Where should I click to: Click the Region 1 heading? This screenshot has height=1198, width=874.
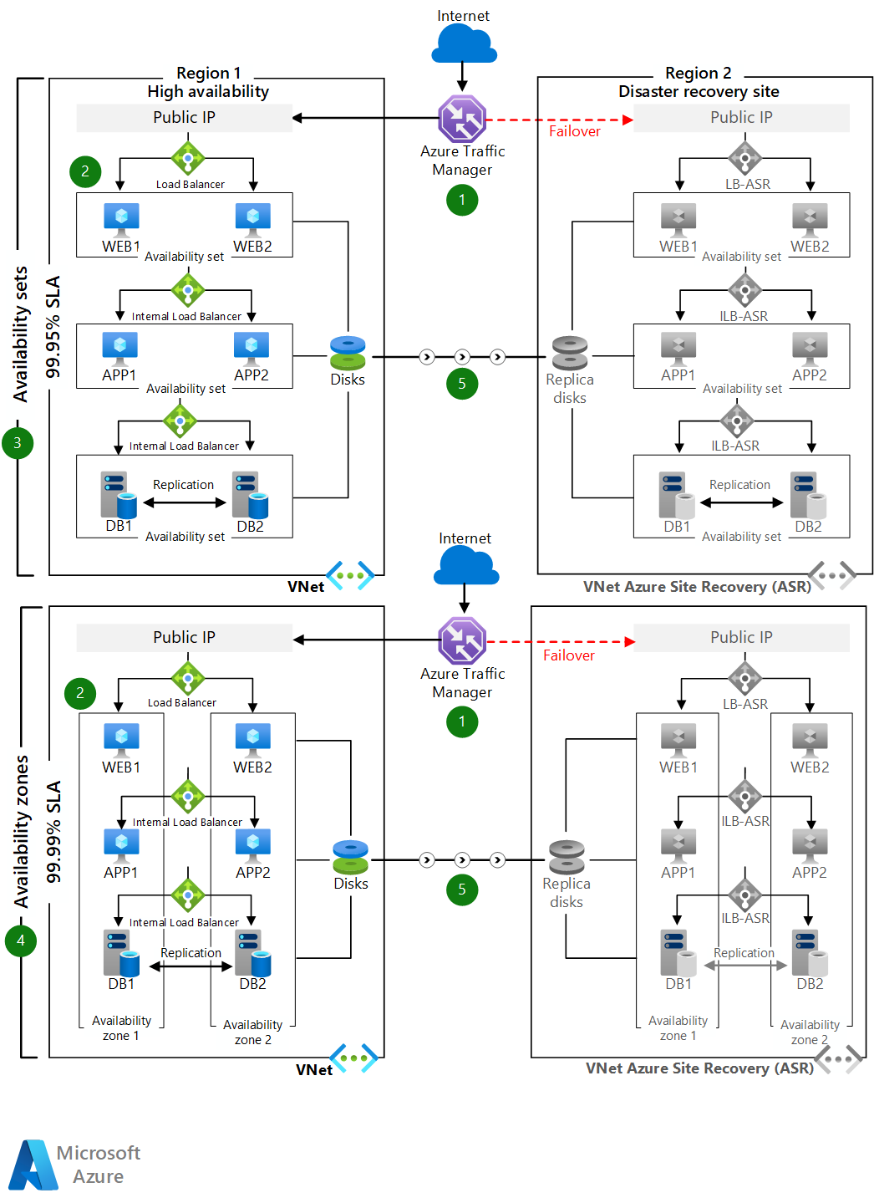(208, 73)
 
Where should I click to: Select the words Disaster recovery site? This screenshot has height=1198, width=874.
(699, 91)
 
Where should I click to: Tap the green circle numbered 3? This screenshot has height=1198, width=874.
(18, 443)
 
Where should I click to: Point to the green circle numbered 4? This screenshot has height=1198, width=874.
(21, 941)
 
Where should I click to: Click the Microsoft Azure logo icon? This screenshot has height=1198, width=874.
(33, 1165)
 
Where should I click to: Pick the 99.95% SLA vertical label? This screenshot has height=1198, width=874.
(53, 327)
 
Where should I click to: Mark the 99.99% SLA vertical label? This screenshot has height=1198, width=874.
(53, 832)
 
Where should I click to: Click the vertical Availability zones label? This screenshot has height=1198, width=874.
(22, 832)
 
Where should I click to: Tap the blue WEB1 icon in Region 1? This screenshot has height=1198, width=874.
(121, 219)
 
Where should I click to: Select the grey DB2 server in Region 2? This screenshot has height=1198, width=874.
(808, 495)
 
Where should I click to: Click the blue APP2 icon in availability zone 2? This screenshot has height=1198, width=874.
(252, 844)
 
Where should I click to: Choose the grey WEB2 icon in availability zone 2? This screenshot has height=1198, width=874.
(810, 739)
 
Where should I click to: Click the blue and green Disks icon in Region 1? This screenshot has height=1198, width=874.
(348, 353)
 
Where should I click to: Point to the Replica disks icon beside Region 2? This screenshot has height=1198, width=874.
(570, 353)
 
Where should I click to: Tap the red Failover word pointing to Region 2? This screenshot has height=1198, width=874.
(574, 131)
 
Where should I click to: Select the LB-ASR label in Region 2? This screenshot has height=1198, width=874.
(747, 184)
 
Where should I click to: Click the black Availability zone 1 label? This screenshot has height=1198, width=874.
(121, 1027)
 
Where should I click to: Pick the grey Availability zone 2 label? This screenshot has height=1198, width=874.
(809, 1032)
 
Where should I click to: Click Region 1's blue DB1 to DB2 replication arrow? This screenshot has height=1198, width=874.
(185, 502)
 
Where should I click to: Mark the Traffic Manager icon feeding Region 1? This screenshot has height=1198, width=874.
(462, 119)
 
